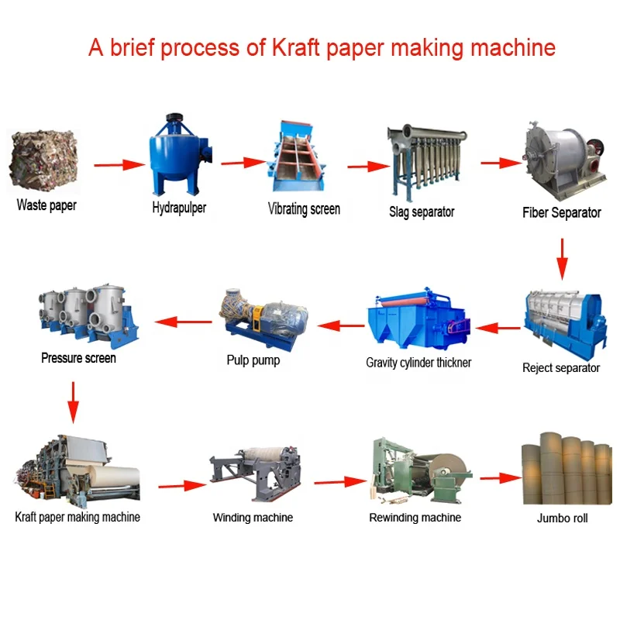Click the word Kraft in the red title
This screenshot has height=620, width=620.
(x=295, y=47)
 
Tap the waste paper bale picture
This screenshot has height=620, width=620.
(x=44, y=161)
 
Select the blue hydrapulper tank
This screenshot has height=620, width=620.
(x=180, y=153)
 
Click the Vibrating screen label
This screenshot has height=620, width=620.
(x=304, y=208)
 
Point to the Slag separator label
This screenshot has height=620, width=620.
(x=422, y=212)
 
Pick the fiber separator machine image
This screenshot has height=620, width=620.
(x=564, y=161)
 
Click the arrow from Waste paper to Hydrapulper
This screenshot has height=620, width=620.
(x=119, y=165)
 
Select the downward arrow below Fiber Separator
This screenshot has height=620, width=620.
(x=562, y=259)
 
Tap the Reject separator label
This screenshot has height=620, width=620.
(x=560, y=367)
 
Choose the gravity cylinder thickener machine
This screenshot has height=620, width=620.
(x=418, y=319)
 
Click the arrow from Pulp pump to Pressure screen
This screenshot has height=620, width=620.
(x=183, y=322)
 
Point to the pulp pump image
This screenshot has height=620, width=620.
(x=263, y=320)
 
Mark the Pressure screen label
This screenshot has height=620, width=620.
(x=78, y=358)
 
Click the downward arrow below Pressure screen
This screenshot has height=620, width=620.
(x=73, y=402)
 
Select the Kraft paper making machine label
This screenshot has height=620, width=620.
(x=77, y=517)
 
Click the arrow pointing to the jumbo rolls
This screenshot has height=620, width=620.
(x=501, y=478)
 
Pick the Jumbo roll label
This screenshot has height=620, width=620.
(x=562, y=518)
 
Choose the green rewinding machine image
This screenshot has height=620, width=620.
(x=421, y=470)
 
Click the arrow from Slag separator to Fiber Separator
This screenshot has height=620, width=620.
(x=501, y=163)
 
